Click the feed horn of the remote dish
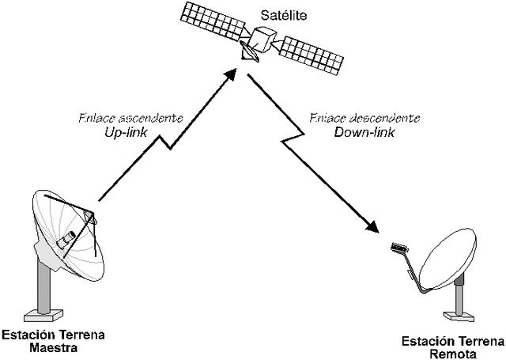tap(398, 249)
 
